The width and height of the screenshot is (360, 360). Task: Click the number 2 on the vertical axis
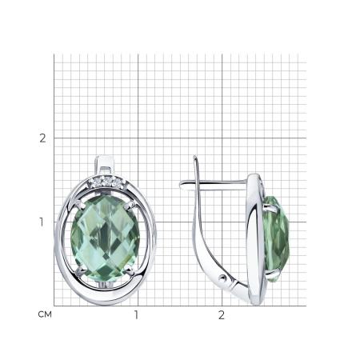[x=42, y=138]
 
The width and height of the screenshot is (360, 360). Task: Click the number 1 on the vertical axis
[x=42, y=222]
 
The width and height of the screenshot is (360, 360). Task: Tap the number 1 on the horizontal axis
[x=136, y=315]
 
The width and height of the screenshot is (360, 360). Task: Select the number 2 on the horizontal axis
[x=222, y=315]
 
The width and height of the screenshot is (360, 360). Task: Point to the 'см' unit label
[x=45, y=314]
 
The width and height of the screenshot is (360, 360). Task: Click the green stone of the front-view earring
[x=105, y=238]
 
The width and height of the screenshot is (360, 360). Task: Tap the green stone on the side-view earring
[x=277, y=239]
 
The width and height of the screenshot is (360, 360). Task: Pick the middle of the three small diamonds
[x=108, y=181]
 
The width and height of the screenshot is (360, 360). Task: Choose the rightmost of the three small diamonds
[x=116, y=182]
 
